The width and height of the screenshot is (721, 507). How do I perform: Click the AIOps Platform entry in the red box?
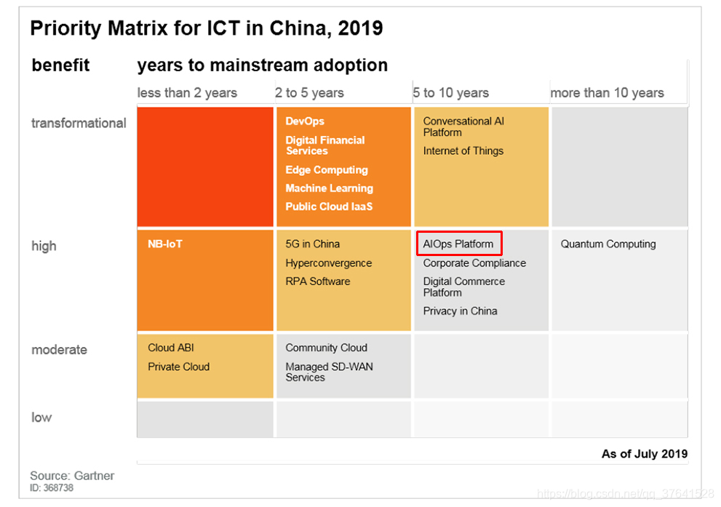click(x=458, y=244)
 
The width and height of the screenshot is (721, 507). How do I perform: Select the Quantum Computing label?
click(x=608, y=244)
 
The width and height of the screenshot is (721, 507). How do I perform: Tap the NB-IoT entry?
click(x=164, y=244)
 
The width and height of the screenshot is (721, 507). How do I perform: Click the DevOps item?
click(x=305, y=121)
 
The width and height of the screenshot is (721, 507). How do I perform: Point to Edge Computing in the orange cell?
click(x=327, y=170)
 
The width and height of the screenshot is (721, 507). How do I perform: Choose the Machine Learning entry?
click(x=329, y=188)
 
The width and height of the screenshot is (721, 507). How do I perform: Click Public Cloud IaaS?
click(x=329, y=207)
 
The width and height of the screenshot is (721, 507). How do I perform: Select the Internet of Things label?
click(x=463, y=151)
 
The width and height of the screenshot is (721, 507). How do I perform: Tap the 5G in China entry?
click(x=312, y=244)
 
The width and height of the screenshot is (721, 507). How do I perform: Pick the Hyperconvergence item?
click(x=328, y=263)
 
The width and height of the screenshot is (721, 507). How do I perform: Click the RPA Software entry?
click(x=317, y=282)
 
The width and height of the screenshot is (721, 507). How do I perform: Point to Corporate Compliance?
click(x=474, y=263)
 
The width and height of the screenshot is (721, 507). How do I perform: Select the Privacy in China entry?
click(x=460, y=311)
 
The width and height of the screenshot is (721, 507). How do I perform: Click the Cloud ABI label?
click(x=171, y=348)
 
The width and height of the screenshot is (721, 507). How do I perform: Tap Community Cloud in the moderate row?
click(x=326, y=348)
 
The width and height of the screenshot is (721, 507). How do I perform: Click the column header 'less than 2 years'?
click(x=187, y=93)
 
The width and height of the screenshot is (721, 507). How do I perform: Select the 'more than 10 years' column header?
click(x=607, y=93)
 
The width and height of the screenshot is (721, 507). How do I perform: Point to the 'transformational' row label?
click(x=79, y=123)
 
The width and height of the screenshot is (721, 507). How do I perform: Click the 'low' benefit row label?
click(x=41, y=418)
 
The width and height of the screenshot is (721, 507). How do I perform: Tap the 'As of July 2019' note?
click(x=644, y=454)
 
